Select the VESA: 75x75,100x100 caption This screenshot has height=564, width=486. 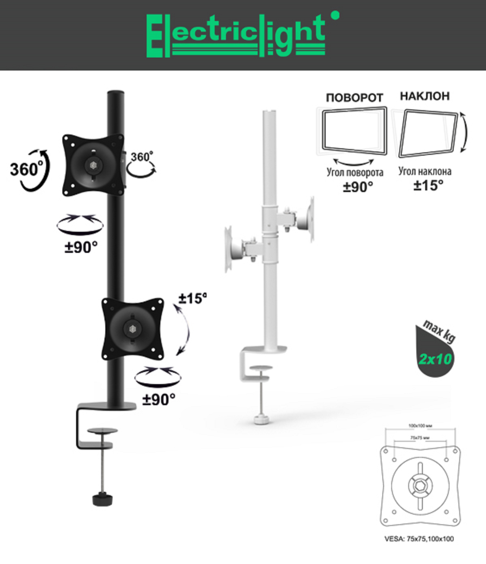click(419, 539)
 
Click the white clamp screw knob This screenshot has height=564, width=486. click(261, 419)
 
